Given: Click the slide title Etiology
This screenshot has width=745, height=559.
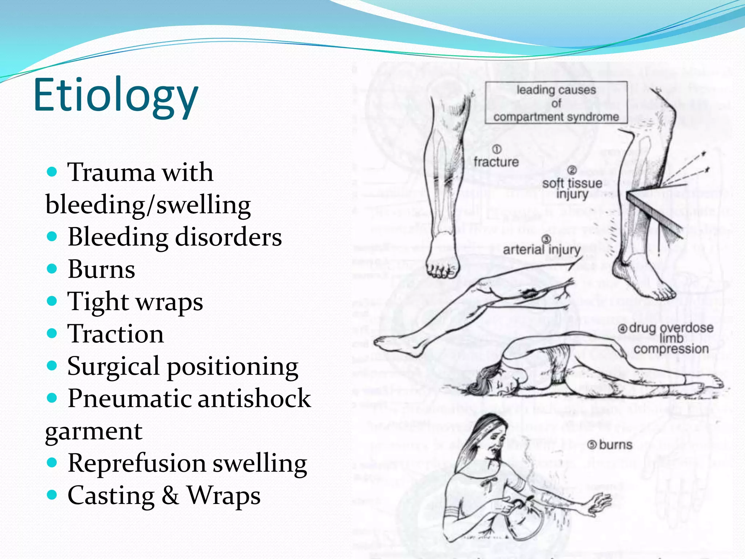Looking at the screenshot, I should tap(116, 95).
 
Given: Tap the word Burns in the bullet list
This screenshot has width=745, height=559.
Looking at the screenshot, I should tap(101, 269).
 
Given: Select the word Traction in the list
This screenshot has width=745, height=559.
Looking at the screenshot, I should tap(116, 334).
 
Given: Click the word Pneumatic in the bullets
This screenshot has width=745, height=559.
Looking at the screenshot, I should tap(130, 398).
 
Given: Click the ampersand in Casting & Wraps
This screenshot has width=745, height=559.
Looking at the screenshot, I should tap(170, 495).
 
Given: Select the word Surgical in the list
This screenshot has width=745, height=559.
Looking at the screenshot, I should tap(113, 366).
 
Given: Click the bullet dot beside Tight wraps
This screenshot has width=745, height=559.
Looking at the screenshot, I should tap(52, 301).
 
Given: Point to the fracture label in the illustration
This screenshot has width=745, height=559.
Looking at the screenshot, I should tap(496, 162).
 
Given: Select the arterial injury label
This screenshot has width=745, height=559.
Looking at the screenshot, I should tap(542, 250).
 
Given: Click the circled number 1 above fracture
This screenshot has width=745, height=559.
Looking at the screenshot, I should tap(497, 149).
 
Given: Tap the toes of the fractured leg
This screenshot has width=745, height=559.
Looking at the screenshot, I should tap(441, 271).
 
